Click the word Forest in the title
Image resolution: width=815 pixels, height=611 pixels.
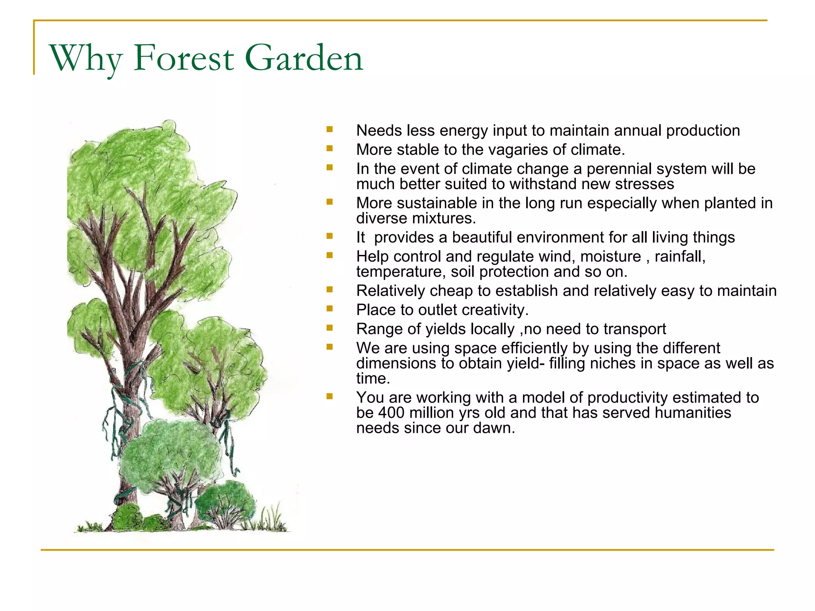pyautogui.click(x=183, y=58)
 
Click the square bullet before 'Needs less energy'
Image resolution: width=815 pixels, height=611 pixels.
pyautogui.click(x=330, y=129)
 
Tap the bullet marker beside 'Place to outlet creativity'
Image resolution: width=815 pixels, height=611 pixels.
pyautogui.click(x=330, y=308)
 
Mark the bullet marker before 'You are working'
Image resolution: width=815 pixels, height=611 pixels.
pyautogui.click(x=330, y=396)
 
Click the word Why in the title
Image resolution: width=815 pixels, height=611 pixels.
pyautogui.click(x=85, y=58)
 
